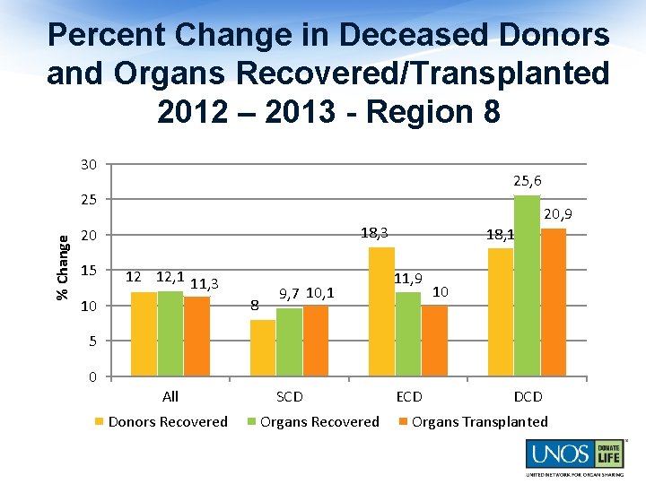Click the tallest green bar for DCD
point(527,285)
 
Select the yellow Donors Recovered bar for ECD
point(381,311)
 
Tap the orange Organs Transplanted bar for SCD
point(316,341)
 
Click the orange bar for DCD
point(554,302)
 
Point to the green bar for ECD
point(408,333)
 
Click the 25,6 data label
point(527,181)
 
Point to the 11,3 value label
point(205,284)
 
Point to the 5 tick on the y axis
point(92,341)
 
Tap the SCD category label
point(289,396)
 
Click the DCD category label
point(528,396)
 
